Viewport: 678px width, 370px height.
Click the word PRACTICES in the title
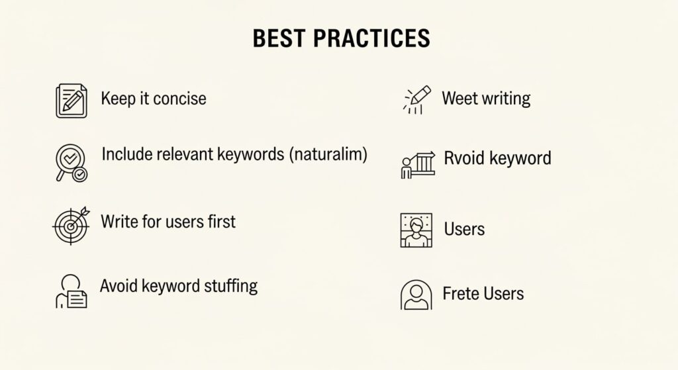[372, 38]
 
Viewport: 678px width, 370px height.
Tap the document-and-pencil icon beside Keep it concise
[72, 101]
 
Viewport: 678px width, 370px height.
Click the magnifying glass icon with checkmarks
[72, 163]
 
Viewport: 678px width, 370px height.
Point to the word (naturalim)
[328, 154]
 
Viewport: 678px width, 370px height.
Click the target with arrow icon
[72, 225]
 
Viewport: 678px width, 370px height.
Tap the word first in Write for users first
[221, 222]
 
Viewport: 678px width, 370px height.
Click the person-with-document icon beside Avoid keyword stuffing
[72, 291]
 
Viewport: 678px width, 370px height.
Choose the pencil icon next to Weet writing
[417, 100]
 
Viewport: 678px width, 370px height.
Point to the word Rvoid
[464, 158]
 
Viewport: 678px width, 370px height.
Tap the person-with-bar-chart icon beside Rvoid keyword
[418, 165]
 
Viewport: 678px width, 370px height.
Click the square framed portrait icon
[416, 230]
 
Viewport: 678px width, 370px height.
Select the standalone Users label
[464, 229]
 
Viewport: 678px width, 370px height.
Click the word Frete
[461, 294]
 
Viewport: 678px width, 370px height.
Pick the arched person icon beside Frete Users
[416, 295]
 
